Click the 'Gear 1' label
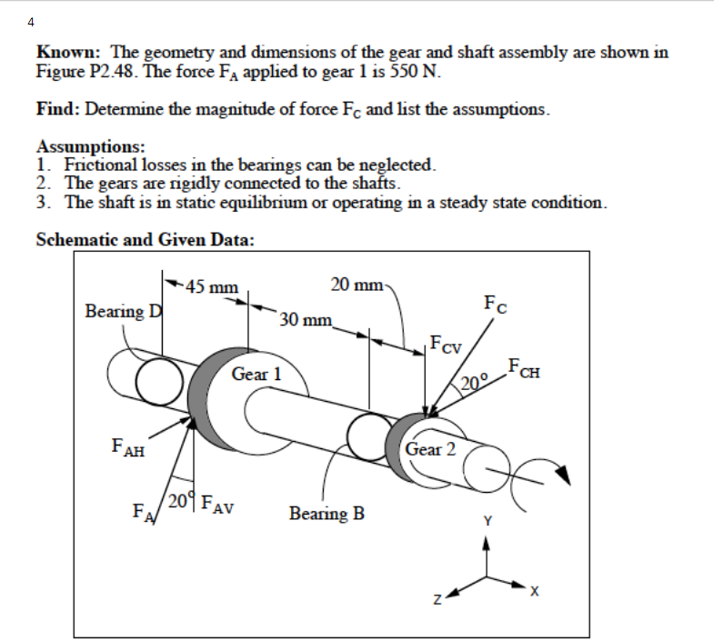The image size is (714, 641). [x=256, y=374]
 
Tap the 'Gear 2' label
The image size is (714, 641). [x=430, y=449]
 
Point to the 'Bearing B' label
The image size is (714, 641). [x=327, y=514]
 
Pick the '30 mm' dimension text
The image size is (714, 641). [x=307, y=319]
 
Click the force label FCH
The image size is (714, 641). [x=527, y=369]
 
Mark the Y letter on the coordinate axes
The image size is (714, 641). [x=488, y=521]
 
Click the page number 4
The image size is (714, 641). [x=31, y=21]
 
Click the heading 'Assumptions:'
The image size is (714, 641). [x=91, y=146]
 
